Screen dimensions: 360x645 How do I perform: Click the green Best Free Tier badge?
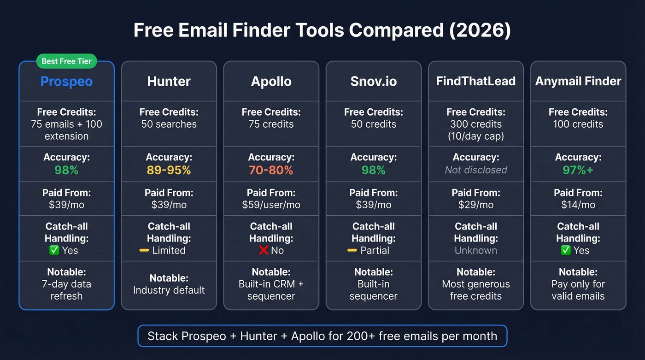point(66,61)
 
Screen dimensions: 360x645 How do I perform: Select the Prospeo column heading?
point(66,82)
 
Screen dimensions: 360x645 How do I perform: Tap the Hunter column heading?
point(169,82)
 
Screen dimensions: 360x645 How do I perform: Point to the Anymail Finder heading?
point(578,82)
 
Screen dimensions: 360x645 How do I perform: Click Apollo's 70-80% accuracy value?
point(271,170)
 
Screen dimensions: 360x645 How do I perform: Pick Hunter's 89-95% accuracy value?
point(169,170)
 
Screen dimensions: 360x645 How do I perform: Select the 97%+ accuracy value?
point(578,170)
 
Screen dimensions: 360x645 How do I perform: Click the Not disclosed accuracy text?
point(475,170)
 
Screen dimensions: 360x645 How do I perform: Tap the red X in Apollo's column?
point(263,250)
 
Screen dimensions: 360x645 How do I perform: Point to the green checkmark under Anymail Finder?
point(566,250)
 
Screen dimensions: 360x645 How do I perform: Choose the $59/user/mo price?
point(271,205)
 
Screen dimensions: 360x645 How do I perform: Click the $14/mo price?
point(578,205)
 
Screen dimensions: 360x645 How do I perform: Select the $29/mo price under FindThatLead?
point(475,205)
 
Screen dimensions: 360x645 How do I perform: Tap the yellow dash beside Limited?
point(144,250)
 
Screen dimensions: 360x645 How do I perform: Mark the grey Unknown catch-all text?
point(475,250)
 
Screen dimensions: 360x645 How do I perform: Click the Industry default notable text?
point(169,290)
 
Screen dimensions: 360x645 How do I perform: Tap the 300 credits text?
point(475,124)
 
